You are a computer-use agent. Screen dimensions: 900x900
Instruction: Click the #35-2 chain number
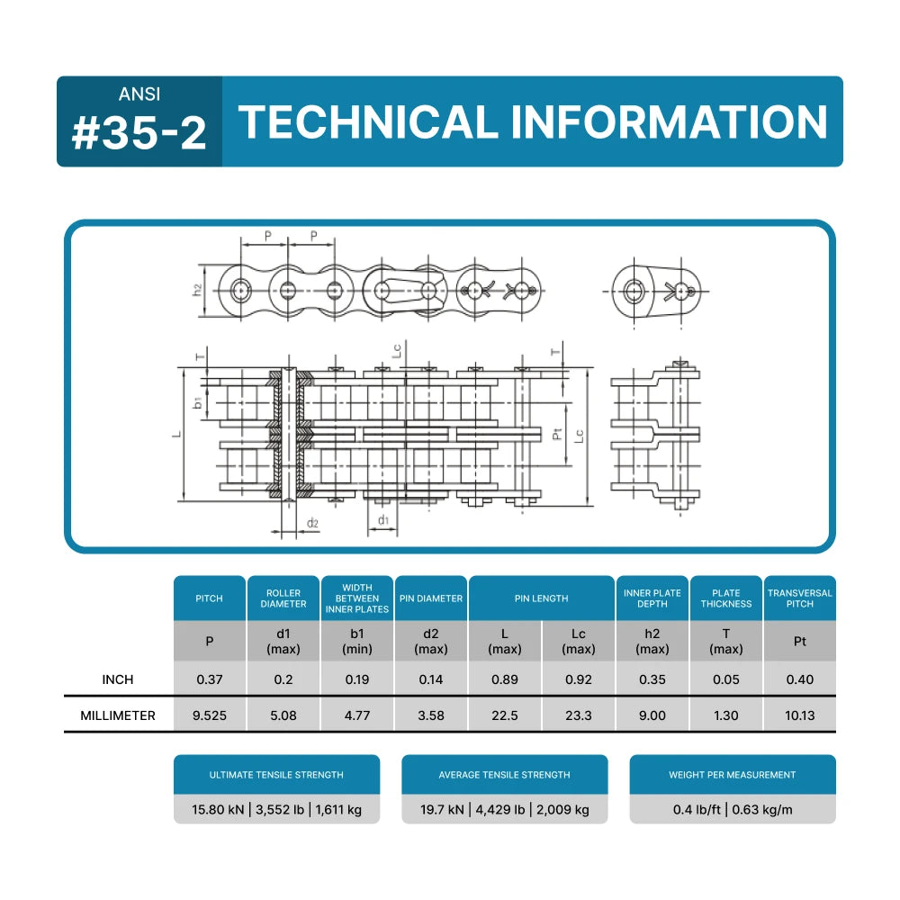[139, 132]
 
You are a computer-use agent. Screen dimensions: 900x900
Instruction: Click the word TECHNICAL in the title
[367, 122]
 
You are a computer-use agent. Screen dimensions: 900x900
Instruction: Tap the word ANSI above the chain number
[139, 94]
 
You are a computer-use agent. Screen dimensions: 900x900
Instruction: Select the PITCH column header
[209, 598]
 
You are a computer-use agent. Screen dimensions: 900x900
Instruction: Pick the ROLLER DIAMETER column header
[283, 598]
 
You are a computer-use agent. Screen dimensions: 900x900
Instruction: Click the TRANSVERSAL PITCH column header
[799, 598]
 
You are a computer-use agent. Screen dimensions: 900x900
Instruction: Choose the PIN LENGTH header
[541, 598]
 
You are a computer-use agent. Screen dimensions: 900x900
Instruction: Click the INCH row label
[117, 679]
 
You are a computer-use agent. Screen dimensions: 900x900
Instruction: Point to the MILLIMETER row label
[117, 716]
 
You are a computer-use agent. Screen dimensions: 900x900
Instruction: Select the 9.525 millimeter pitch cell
[209, 716]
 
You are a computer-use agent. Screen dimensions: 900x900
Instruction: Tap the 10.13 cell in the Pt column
[799, 716]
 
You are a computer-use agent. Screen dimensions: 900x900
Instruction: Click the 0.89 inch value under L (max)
[504, 679]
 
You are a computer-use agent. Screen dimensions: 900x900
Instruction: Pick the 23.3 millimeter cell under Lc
[578, 716]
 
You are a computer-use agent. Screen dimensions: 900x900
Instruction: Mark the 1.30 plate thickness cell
[725, 716]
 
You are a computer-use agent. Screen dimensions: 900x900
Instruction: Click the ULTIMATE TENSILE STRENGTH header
[276, 775]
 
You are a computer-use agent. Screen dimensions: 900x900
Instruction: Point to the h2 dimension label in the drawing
[197, 290]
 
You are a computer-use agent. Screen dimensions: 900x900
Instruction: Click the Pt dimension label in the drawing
[558, 436]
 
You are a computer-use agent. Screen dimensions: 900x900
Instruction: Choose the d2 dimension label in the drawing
[312, 523]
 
